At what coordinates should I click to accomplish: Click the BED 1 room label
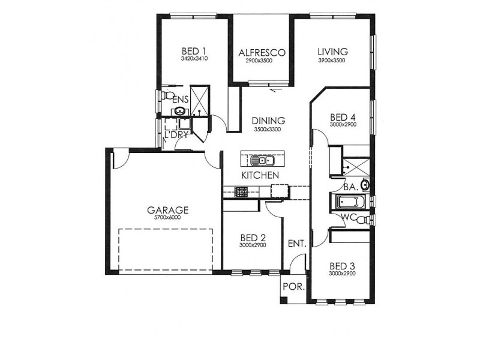(x=194, y=51)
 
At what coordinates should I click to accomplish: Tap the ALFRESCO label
(x=262, y=53)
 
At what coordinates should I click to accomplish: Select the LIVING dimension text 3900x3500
(x=332, y=61)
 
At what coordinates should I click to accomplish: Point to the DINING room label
(x=268, y=121)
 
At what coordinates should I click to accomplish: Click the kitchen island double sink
(x=261, y=160)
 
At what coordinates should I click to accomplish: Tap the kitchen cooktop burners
(x=241, y=192)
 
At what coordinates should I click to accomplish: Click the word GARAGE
(x=167, y=211)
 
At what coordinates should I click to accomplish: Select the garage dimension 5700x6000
(x=167, y=218)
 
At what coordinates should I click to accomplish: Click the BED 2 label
(x=253, y=238)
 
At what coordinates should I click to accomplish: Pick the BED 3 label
(x=342, y=266)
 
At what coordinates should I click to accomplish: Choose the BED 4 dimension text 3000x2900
(x=343, y=125)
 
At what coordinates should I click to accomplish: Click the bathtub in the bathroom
(x=348, y=202)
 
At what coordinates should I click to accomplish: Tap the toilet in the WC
(x=362, y=220)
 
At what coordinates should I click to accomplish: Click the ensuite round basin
(x=179, y=111)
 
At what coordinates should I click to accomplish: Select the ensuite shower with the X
(x=200, y=101)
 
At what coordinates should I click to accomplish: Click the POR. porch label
(x=293, y=287)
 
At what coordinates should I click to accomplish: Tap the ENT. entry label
(x=297, y=244)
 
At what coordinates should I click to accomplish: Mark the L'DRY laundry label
(x=176, y=134)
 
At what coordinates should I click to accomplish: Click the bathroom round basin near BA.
(x=365, y=185)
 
